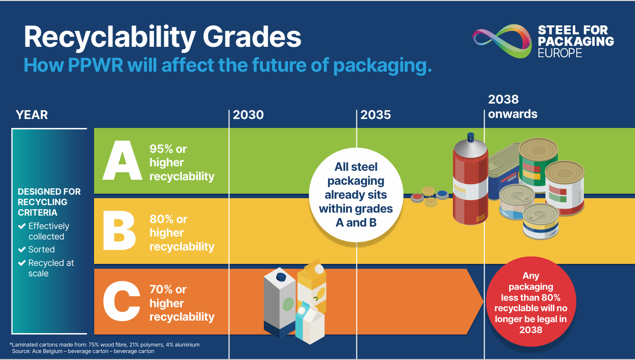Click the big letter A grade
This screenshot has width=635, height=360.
pyautogui.click(x=122, y=160)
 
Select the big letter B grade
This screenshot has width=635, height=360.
pyautogui.click(x=119, y=231)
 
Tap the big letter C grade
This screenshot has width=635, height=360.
pyautogui.click(x=121, y=301)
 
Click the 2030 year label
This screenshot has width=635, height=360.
pyautogui.click(x=248, y=115)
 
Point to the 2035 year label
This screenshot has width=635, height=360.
pyautogui.click(x=376, y=115)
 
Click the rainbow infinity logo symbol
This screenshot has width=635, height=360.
pyautogui.click(x=502, y=41)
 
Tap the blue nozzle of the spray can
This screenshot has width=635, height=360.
pyautogui.click(x=471, y=137)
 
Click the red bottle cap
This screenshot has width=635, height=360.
pyautogui.click(x=418, y=198)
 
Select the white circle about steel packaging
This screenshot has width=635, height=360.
pyautogui.click(x=356, y=195)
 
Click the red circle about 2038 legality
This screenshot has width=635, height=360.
pyautogui.click(x=531, y=302)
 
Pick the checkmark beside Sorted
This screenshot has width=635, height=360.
pyautogui.click(x=22, y=249)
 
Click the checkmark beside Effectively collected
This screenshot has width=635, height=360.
pyautogui.click(x=22, y=226)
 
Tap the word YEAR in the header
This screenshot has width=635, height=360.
pyautogui.click(x=32, y=115)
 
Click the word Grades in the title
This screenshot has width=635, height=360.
pyautogui.click(x=252, y=37)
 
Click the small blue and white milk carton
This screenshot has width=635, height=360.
pyautogui.click(x=310, y=323)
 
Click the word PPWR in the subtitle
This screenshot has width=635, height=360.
pyautogui.click(x=96, y=65)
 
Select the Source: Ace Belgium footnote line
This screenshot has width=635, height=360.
pyautogui.click(x=83, y=351)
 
